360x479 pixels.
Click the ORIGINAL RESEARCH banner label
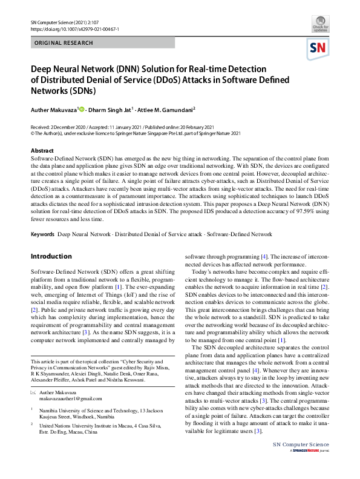(x=64, y=43)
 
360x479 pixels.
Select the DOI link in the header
(x=74, y=28)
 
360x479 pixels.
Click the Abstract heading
(x=42, y=150)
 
